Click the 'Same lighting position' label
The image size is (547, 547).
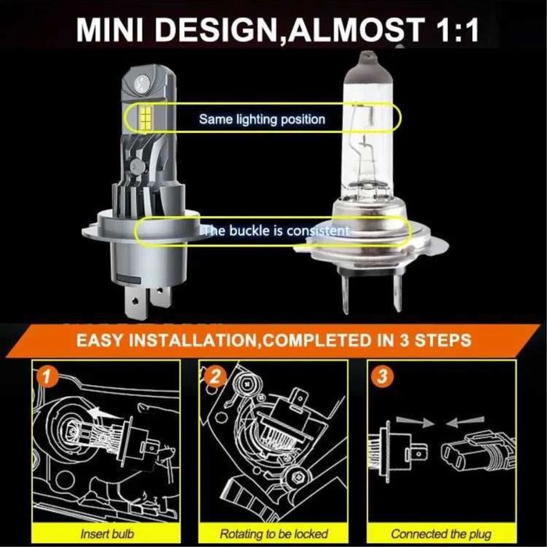tap(261, 120)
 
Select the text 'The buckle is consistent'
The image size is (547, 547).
tap(274, 231)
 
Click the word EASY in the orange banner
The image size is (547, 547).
tap(104, 340)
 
